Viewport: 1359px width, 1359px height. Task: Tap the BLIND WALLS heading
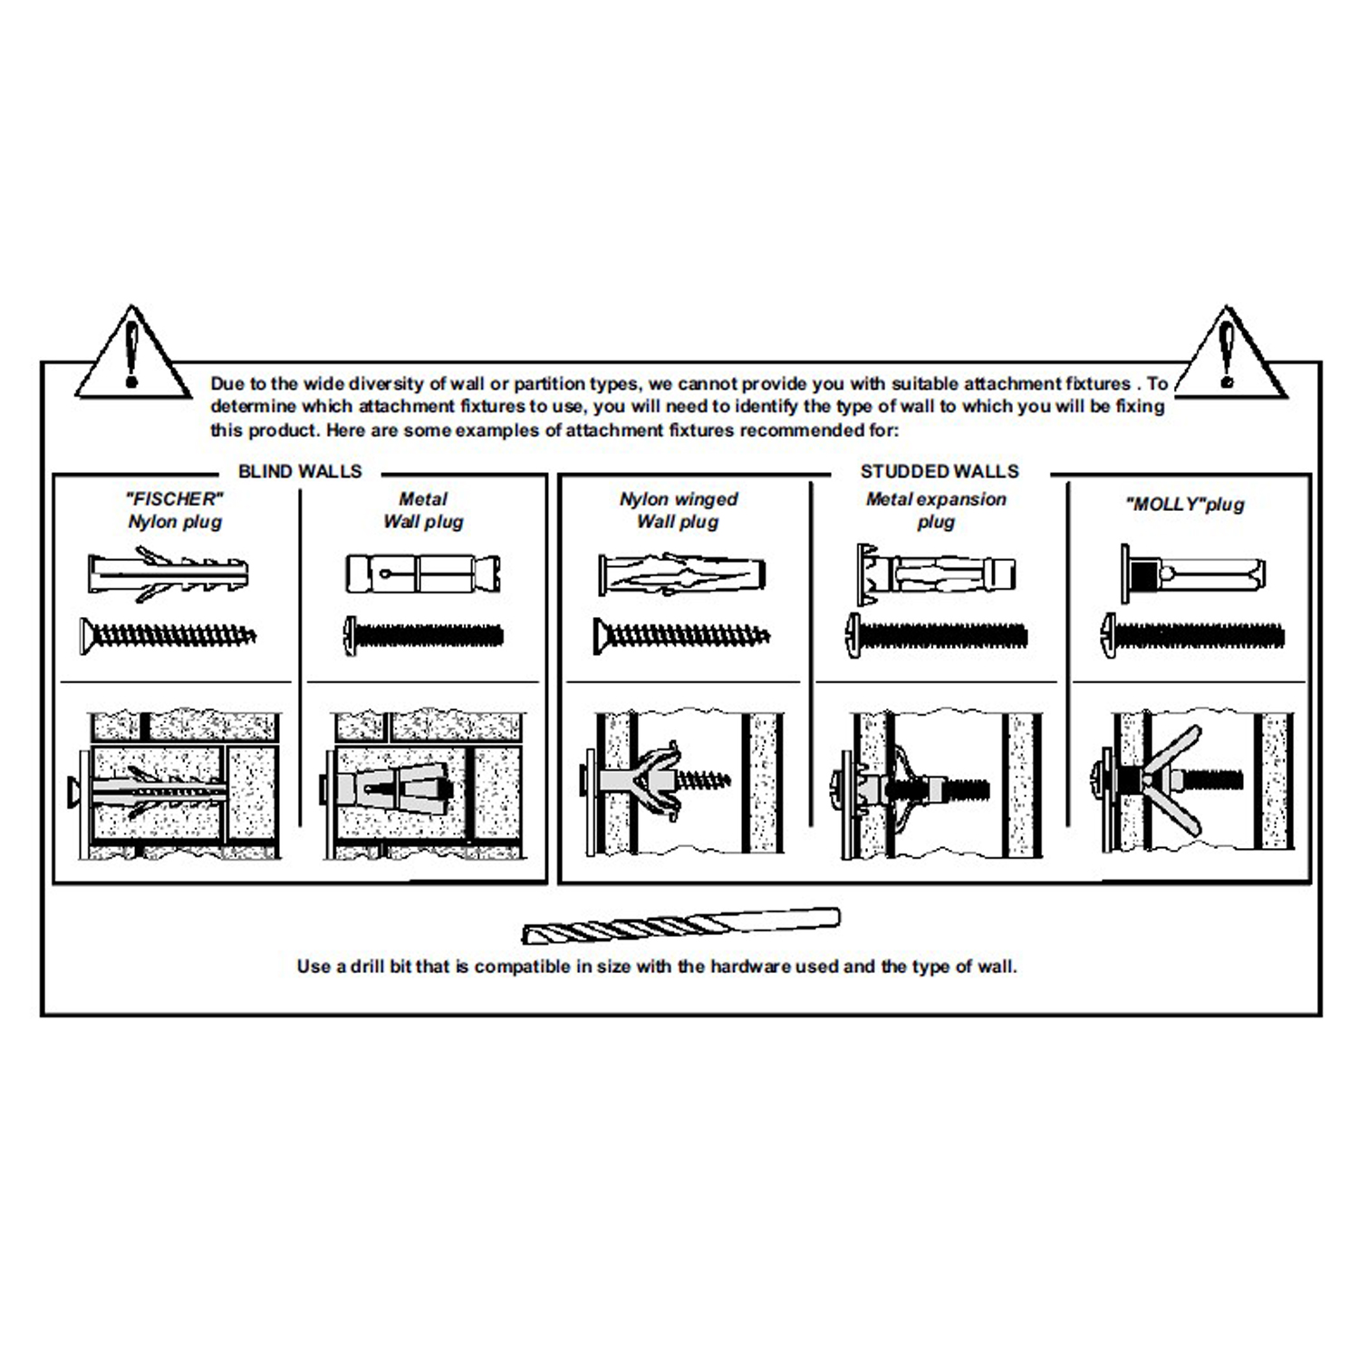tap(300, 472)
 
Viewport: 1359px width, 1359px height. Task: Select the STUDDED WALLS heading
tap(940, 472)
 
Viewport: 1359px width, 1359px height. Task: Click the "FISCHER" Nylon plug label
tap(175, 510)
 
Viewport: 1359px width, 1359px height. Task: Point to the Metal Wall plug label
tap(423, 510)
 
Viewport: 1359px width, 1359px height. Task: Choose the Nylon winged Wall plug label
tap(679, 510)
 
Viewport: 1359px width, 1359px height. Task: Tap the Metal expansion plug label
tap(936, 510)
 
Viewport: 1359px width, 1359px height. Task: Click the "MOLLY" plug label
tap(1184, 506)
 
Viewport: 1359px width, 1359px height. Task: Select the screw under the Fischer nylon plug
tap(169, 635)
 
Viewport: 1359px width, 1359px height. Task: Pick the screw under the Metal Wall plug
tap(423, 635)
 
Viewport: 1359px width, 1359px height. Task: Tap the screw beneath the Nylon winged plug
tap(681, 636)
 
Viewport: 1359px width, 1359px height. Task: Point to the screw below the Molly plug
tap(1192, 634)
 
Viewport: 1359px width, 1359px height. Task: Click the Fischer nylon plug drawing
tap(169, 573)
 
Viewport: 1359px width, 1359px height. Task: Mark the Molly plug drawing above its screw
tap(1192, 573)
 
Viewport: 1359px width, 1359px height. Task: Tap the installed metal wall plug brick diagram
tap(422, 785)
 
